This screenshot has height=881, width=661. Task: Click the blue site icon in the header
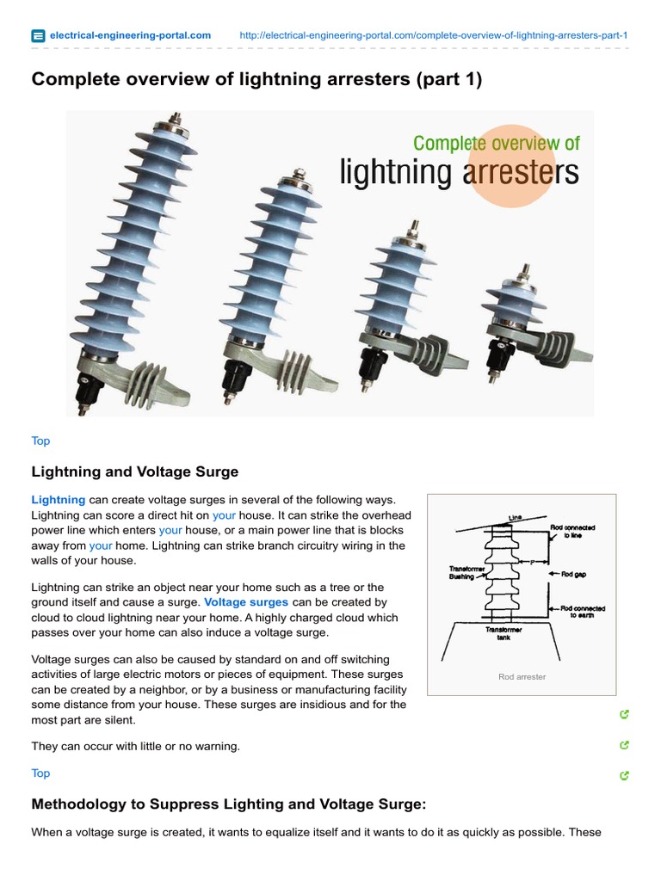coord(38,35)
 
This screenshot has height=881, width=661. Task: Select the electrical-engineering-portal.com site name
coord(130,35)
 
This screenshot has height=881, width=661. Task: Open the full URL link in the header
coord(433,35)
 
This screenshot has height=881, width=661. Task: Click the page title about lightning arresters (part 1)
coord(256,80)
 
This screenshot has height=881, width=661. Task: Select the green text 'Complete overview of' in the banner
coord(496,143)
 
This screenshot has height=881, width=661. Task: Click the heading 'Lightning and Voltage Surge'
coord(135,471)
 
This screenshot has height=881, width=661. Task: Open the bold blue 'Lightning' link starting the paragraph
coord(59,500)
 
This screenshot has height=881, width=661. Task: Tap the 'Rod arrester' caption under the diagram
coord(522,677)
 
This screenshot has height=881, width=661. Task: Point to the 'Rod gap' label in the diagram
coord(573,575)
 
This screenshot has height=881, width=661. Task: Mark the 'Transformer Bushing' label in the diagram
coord(468,573)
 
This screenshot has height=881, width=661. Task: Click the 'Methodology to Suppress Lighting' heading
coord(229,804)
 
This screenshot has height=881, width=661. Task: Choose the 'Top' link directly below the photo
coord(40,440)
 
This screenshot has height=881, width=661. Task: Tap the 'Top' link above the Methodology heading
coord(40,773)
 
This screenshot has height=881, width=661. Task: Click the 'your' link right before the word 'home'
coord(101,545)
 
